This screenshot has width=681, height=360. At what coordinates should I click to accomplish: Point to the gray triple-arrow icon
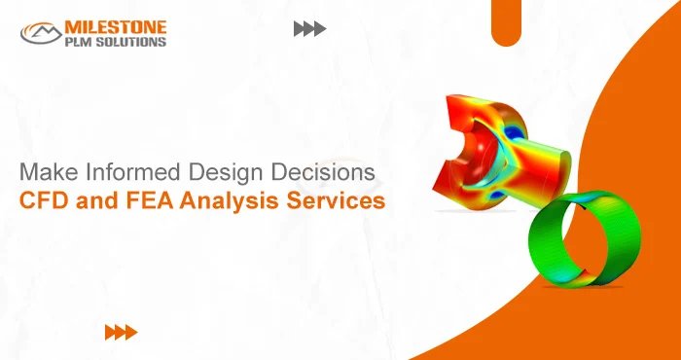pos(309,29)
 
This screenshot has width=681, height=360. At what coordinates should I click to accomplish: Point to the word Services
pos(336,202)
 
